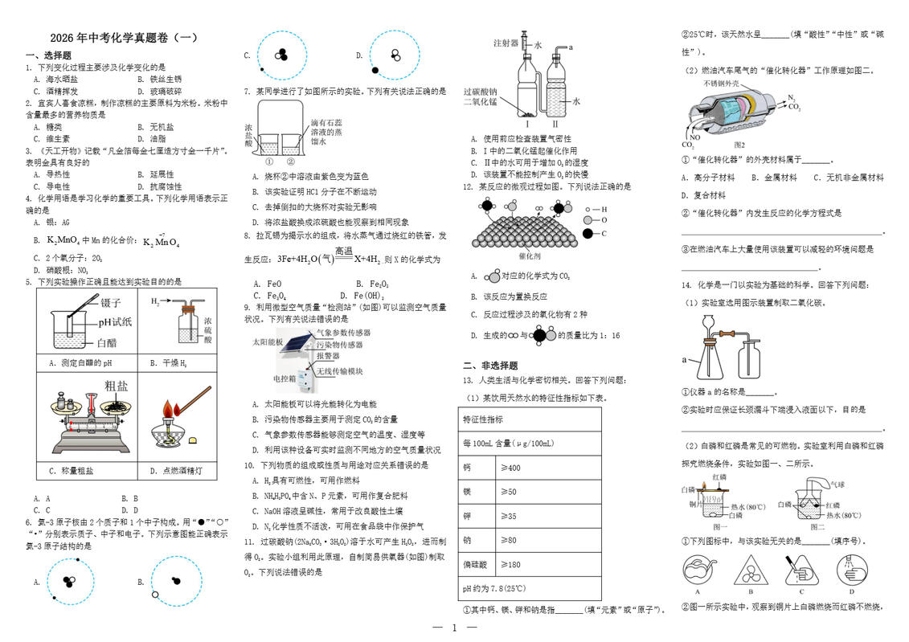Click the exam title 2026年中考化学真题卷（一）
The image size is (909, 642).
pos(123,38)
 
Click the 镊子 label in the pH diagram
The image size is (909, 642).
pos(111,302)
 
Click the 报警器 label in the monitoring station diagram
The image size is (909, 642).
pos(328,356)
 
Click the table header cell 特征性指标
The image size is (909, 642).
pos(483,419)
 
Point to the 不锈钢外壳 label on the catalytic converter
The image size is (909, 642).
pos(721,84)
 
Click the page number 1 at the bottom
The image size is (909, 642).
pos(454,628)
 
